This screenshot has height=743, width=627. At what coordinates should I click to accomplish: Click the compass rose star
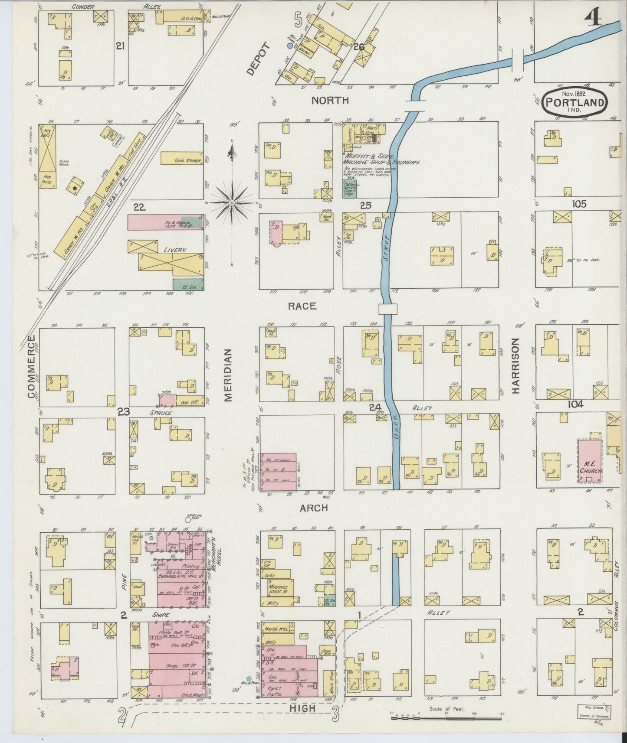pos(233,202)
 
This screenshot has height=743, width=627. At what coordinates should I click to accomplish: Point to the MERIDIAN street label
pos(229,375)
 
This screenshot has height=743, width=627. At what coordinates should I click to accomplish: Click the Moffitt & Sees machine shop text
pos(382,159)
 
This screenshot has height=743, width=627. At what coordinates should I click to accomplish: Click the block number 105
pos(579,204)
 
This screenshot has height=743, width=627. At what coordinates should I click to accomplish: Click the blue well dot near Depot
pos(289,45)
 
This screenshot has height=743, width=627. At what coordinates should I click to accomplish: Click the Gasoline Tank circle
pos(187,519)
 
